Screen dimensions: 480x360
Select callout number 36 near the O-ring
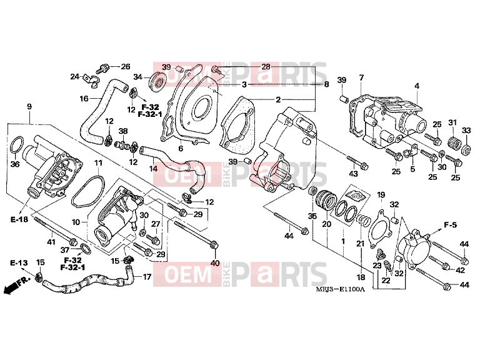[15, 164]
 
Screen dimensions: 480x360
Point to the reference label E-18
[19, 219]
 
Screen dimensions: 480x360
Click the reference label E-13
[19, 262]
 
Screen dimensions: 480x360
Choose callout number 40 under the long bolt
[215, 262]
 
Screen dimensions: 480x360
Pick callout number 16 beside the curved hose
[84, 99]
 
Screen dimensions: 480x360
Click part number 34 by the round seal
[137, 77]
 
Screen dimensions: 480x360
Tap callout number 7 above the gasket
[361, 77]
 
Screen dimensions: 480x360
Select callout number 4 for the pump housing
[417, 86]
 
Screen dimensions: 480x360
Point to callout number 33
[466, 131]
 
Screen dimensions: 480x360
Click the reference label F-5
[450, 225]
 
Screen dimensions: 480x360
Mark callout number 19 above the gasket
[381, 194]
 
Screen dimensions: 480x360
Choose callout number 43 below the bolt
[354, 174]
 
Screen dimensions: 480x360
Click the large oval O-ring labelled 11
[88, 191]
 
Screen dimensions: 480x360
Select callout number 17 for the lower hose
[147, 277]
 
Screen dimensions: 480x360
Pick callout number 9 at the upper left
[29, 106]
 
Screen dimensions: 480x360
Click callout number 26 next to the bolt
[126, 66]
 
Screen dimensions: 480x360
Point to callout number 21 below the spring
[360, 243]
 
